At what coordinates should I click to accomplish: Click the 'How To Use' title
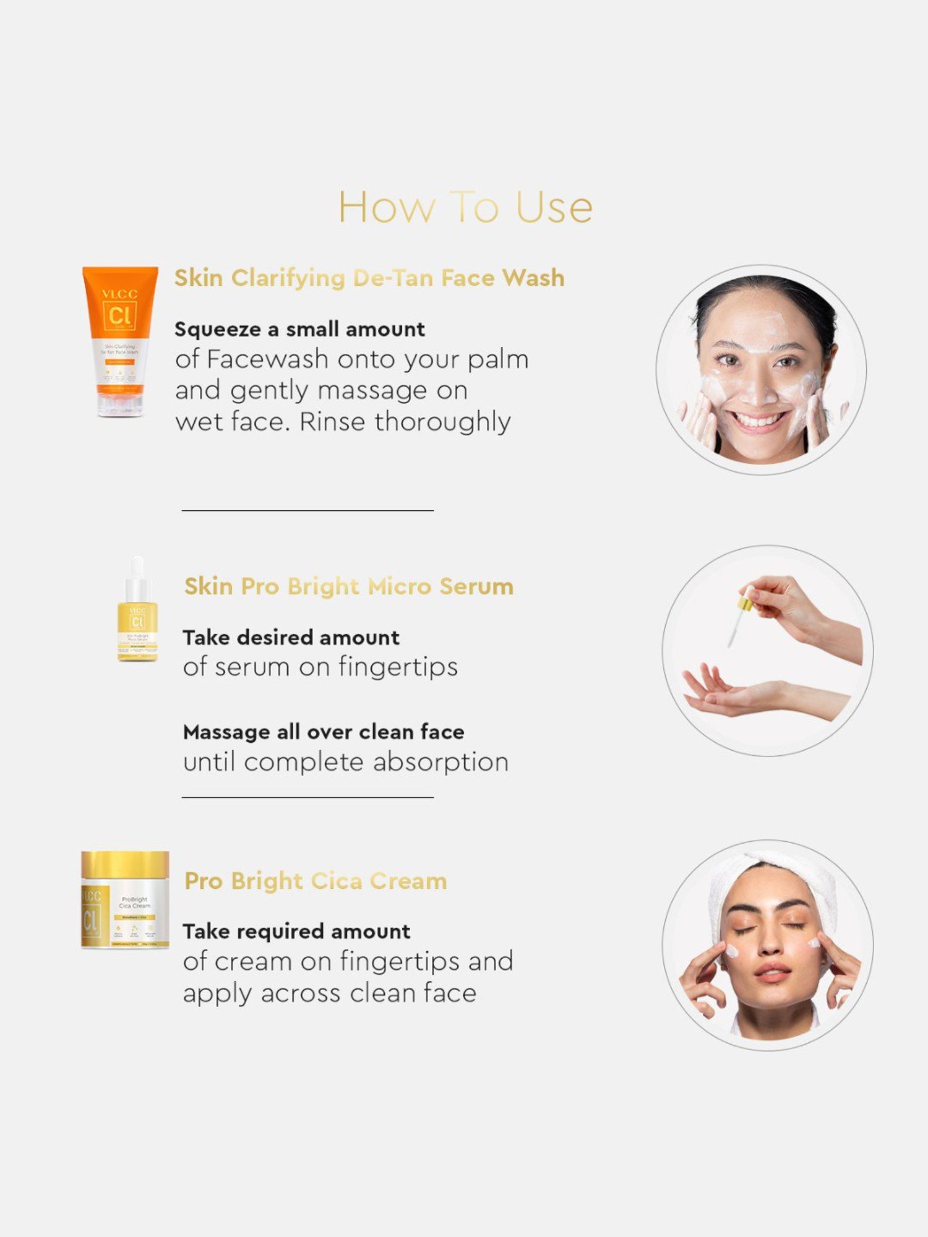(465, 207)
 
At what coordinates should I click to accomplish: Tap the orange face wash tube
(120, 341)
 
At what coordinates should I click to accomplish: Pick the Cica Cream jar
(125, 900)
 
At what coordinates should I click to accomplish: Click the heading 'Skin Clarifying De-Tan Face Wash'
(369, 278)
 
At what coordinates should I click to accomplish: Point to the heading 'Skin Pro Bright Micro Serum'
(349, 586)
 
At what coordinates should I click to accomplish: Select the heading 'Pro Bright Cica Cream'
(316, 881)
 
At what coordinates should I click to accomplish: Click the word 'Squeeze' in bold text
(218, 330)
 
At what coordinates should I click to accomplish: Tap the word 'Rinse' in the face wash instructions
(332, 422)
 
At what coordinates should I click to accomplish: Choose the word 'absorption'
(440, 762)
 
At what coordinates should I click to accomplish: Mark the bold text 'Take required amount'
(296, 931)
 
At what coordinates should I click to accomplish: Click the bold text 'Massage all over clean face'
(324, 732)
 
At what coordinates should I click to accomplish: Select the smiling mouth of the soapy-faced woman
(758, 422)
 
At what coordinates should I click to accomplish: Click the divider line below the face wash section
(307, 511)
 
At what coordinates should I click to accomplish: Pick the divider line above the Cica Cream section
(307, 798)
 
